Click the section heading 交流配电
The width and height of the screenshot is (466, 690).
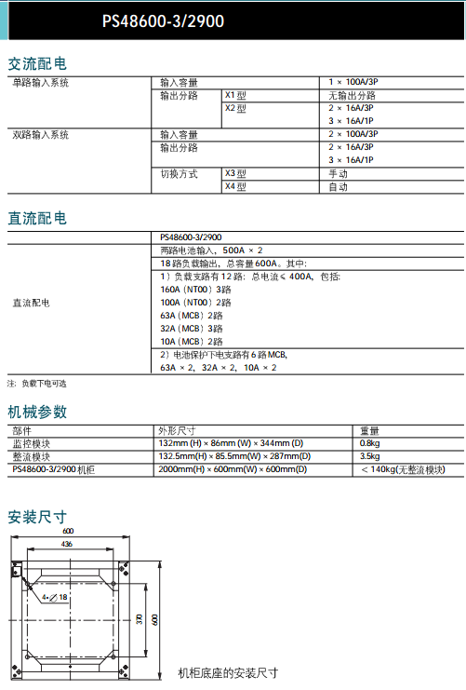37,64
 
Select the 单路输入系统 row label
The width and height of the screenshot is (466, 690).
41,83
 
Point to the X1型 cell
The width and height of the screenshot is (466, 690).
235,96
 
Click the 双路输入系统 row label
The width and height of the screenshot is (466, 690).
41,135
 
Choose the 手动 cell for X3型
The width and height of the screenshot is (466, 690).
338,174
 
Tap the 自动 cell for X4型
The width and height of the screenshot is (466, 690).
338,187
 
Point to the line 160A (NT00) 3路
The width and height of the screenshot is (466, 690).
195,290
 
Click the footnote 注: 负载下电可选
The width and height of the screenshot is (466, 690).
37,384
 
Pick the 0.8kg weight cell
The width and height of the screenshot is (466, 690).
369,443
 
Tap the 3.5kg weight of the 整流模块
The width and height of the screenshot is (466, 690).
369,456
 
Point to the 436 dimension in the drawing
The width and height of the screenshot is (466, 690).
67,543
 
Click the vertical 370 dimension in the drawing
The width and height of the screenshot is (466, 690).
139,619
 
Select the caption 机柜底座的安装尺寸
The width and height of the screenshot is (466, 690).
228,673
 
